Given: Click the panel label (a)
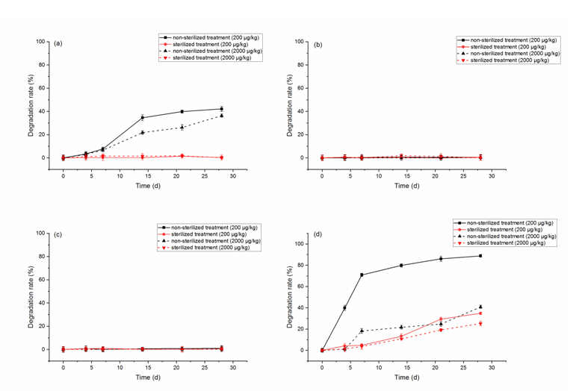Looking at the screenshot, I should pyautogui.click(x=58, y=43).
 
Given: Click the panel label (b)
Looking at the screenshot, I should pyautogui.click(x=318, y=44).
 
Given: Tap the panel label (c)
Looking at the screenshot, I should pyautogui.click(x=58, y=235).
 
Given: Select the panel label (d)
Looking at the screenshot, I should pyautogui.click(x=317, y=234).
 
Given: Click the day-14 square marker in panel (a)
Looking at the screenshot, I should pyautogui.click(x=143, y=118).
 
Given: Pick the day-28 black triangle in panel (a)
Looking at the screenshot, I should pyautogui.click(x=221, y=116).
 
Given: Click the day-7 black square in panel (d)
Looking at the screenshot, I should pyautogui.click(x=362, y=275).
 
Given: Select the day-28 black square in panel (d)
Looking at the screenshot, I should pyautogui.click(x=480, y=256).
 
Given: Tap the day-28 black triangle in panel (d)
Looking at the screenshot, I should pyautogui.click(x=480, y=307).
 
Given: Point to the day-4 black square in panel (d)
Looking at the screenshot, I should pyautogui.click(x=344, y=307).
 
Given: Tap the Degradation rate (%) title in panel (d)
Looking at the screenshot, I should pyautogui.click(x=290, y=296).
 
